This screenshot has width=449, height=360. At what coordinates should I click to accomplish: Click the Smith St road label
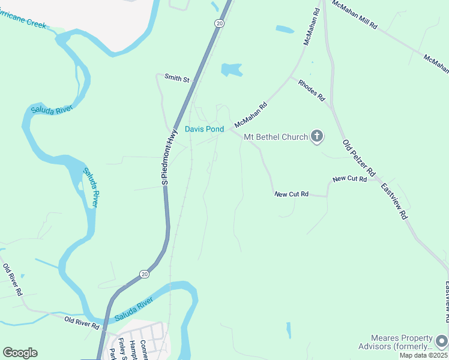point(176,79)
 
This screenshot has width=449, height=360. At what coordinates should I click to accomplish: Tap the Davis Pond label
point(204,129)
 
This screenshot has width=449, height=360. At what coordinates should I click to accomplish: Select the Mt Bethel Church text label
point(276,137)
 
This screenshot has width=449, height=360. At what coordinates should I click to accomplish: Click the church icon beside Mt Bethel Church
point(317,137)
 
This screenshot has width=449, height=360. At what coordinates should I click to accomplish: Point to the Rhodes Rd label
point(312,90)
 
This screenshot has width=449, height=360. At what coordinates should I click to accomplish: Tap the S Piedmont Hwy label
point(169,157)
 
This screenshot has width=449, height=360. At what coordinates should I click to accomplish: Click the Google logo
point(20,353)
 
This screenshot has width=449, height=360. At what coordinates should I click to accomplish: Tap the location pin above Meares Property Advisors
point(442,341)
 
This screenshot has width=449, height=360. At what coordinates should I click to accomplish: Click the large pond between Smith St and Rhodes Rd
point(231,70)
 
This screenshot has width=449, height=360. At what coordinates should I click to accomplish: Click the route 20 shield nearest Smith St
point(219,23)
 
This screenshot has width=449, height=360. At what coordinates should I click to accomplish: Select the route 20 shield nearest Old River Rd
point(144,274)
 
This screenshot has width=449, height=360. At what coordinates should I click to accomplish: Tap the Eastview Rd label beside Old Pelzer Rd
point(394,201)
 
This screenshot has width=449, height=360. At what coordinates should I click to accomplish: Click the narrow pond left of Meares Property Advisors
point(289,330)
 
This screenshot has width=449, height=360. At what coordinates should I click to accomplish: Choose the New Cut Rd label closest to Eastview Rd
point(349,179)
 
